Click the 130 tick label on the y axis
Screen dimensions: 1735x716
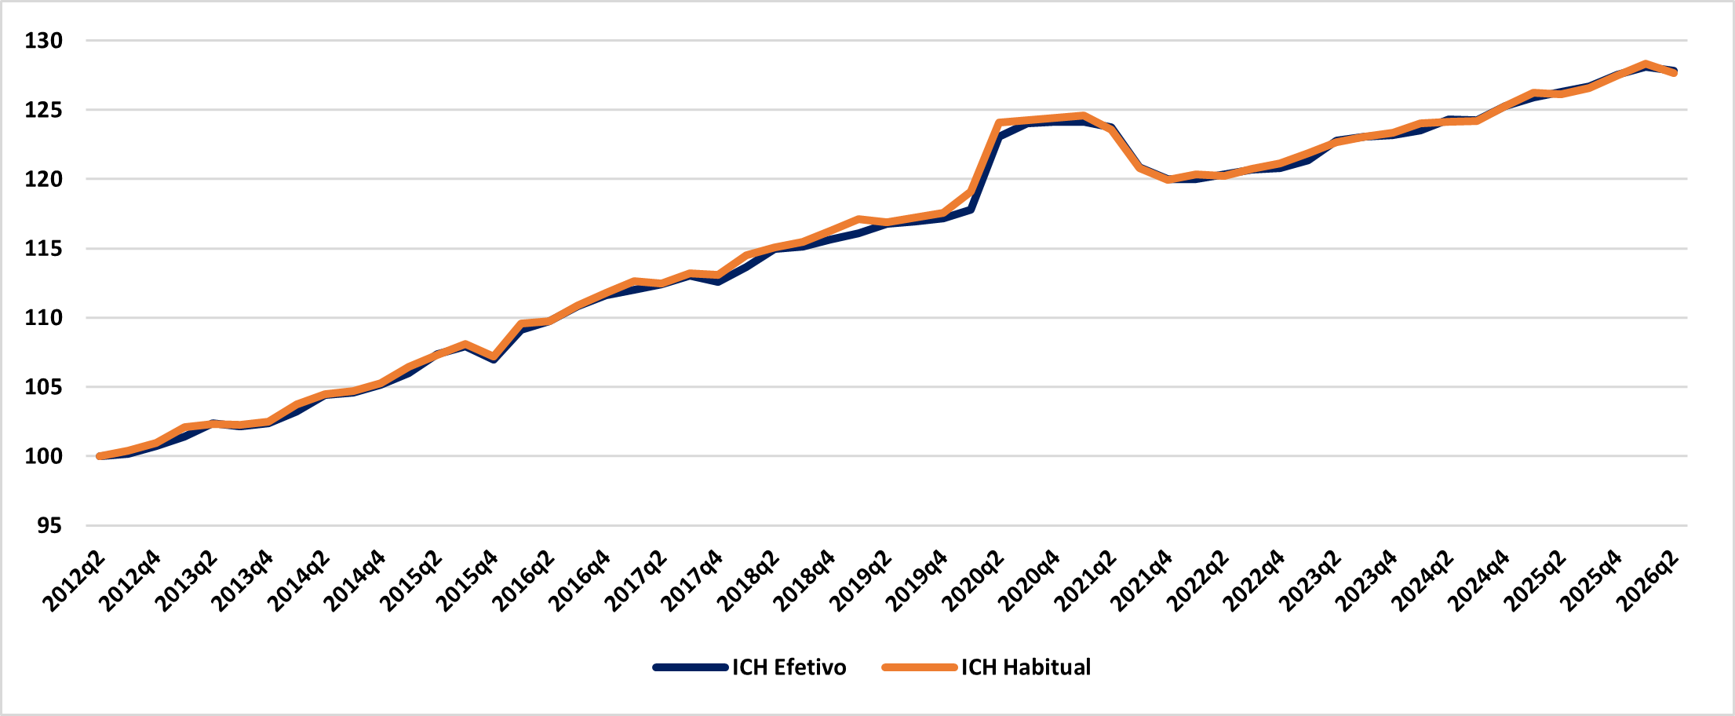tap(43, 41)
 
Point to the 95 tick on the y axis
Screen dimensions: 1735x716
tap(49, 526)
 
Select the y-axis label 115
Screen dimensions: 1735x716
tap(43, 249)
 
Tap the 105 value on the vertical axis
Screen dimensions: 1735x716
tap(43, 387)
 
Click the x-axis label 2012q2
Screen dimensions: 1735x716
tap(73, 581)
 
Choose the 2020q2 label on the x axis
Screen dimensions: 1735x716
tap(972, 581)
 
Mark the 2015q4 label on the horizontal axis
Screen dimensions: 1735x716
tap(466, 581)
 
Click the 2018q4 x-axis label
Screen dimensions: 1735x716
tap(804, 581)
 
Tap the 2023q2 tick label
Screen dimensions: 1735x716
tap(1310, 581)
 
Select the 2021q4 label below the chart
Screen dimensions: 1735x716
tap(1141, 581)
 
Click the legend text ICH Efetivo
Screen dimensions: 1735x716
tap(789, 667)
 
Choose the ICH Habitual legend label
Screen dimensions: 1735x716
tap(1026, 667)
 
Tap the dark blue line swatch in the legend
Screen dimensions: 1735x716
tap(691, 667)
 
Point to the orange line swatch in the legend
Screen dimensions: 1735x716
tap(920, 667)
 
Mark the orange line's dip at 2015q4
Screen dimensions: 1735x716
tap(494, 356)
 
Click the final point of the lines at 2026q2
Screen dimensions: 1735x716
tap(1675, 72)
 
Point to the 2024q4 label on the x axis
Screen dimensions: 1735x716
tap(1478, 581)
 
